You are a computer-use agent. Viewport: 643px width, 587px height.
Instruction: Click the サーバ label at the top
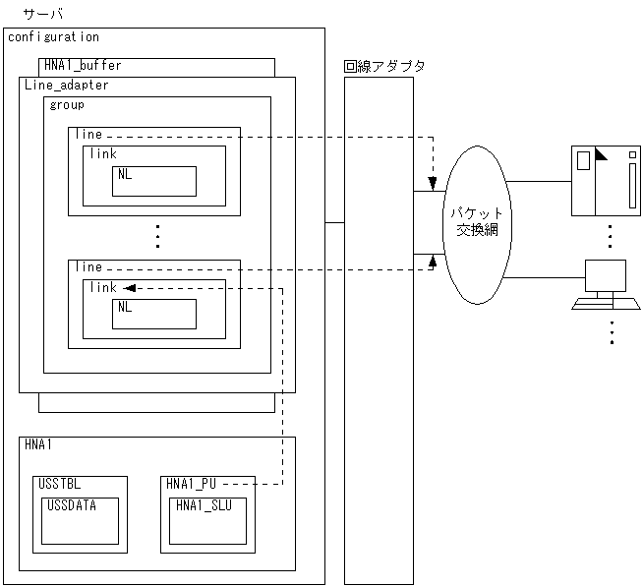[43, 14]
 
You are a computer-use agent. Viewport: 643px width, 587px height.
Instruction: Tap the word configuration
[53, 37]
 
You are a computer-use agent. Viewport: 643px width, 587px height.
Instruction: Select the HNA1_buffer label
[83, 65]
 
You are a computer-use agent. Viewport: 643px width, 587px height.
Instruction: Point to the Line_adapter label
[67, 85]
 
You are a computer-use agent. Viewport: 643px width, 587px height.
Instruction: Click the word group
[67, 105]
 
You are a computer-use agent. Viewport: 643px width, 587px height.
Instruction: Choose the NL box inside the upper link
[154, 181]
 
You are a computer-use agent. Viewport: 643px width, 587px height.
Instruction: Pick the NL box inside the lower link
[154, 315]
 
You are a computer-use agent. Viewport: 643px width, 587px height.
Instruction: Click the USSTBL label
[59, 484]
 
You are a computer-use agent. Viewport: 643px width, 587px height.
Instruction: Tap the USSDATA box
[80, 521]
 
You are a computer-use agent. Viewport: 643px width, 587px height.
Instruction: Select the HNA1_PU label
[191, 484]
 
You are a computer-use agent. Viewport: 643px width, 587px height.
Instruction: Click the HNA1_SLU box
[207, 521]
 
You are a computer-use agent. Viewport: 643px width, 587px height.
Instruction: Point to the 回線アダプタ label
[384, 66]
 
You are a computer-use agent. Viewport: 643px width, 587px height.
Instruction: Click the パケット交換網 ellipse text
[477, 222]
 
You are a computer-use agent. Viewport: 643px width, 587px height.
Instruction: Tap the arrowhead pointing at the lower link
[130, 288]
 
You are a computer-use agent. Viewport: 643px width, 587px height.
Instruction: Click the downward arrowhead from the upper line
[433, 183]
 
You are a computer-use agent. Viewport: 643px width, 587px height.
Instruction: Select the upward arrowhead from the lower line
[433, 262]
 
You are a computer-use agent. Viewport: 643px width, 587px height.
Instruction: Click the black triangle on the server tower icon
[601, 154]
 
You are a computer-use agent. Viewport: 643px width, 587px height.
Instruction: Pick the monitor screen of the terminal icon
[606, 275]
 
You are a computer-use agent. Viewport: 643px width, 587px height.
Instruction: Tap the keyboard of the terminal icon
[606, 304]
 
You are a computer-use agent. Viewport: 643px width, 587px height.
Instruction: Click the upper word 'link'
[103, 153]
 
